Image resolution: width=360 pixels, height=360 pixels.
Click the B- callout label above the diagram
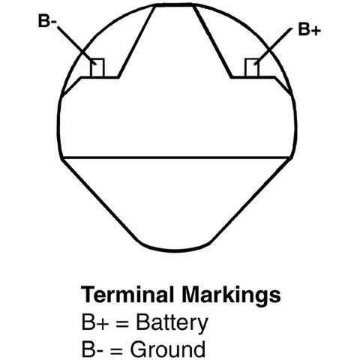(x=47, y=21)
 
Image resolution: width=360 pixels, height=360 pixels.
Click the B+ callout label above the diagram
(x=309, y=29)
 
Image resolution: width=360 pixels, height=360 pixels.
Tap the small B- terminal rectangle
(x=97, y=67)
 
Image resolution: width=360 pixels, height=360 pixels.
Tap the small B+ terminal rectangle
(x=252, y=67)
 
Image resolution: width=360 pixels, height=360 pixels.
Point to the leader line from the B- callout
(x=76, y=46)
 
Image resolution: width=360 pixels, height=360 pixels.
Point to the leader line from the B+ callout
(x=273, y=46)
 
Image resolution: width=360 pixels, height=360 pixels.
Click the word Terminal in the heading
(x=127, y=294)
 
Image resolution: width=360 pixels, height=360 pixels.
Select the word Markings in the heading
(x=231, y=295)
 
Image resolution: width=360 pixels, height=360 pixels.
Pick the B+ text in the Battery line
(x=95, y=322)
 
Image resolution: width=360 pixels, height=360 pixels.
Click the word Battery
(x=172, y=324)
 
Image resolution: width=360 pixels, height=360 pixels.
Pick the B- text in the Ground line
(x=92, y=349)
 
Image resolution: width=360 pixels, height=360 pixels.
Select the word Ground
(x=168, y=349)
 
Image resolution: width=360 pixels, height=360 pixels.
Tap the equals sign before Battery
(x=122, y=323)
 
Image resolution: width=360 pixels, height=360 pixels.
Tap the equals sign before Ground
(x=116, y=350)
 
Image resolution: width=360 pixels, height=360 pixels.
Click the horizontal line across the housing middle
(x=176, y=157)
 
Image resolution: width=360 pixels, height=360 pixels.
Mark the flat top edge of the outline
(x=174, y=4)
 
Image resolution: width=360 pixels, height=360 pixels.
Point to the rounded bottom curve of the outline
(x=175, y=250)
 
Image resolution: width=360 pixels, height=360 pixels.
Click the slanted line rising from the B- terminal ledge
(x=136, y=41)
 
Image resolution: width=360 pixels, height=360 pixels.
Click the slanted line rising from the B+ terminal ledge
(x=212, y=41)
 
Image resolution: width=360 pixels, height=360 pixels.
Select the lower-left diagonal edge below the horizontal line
(x=100, y=200)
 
